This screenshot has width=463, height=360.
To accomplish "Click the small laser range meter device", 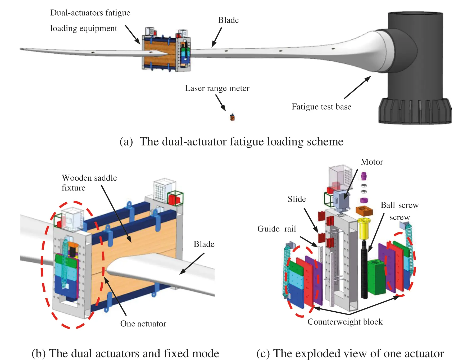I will pos(232,117).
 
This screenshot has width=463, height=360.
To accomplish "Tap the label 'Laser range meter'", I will pos(217,88).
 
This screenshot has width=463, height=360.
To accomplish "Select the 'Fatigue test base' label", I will pos(321,107).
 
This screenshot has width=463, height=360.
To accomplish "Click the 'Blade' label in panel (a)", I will pos(228,20).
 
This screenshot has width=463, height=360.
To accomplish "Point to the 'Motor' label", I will pos(371,162).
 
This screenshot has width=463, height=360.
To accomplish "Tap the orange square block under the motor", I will pos(364,211).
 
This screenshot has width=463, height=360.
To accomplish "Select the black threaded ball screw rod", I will pos(364,270).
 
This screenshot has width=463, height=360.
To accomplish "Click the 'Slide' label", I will pos(297,199).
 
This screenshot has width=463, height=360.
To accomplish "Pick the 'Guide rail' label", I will pos(276,229).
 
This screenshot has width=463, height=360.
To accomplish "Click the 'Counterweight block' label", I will pos(345,322).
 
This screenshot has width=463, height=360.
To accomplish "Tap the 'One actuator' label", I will pos(143,323).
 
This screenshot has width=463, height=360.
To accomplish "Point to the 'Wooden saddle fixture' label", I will pos(89,183).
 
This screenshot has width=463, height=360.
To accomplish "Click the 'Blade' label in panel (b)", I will pos(204,244).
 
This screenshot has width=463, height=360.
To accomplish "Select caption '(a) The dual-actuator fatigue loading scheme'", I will pos(231,142).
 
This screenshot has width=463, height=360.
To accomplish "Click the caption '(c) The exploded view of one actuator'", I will pos(350,353).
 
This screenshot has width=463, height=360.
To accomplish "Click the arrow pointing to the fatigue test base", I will pos(357,87).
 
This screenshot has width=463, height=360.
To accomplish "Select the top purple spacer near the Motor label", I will pos(364,176).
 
